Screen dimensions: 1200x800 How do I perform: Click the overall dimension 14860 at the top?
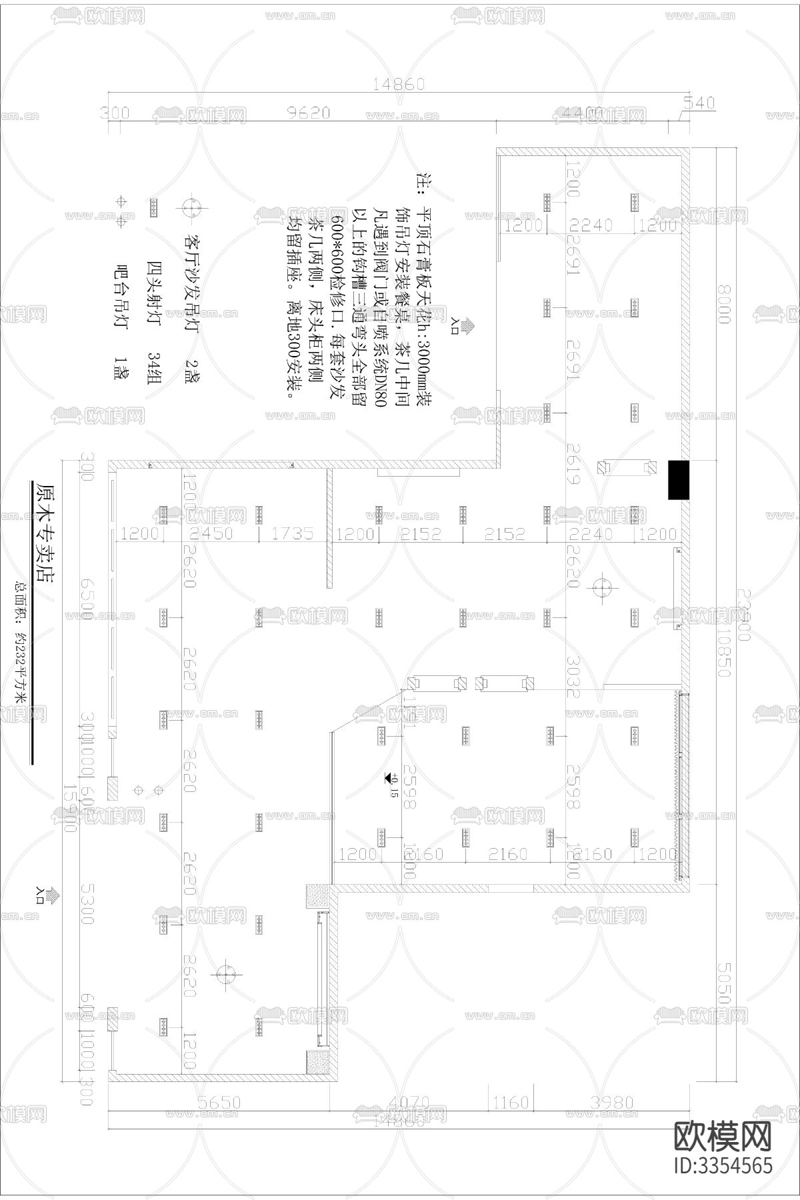pos(399,85)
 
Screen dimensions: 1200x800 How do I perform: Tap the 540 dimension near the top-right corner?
pos(698,103)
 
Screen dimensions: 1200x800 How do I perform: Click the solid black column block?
pos(679,480)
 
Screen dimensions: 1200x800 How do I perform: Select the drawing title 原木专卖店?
pos(43,533)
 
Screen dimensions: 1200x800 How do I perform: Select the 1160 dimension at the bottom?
pos(511,1103)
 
